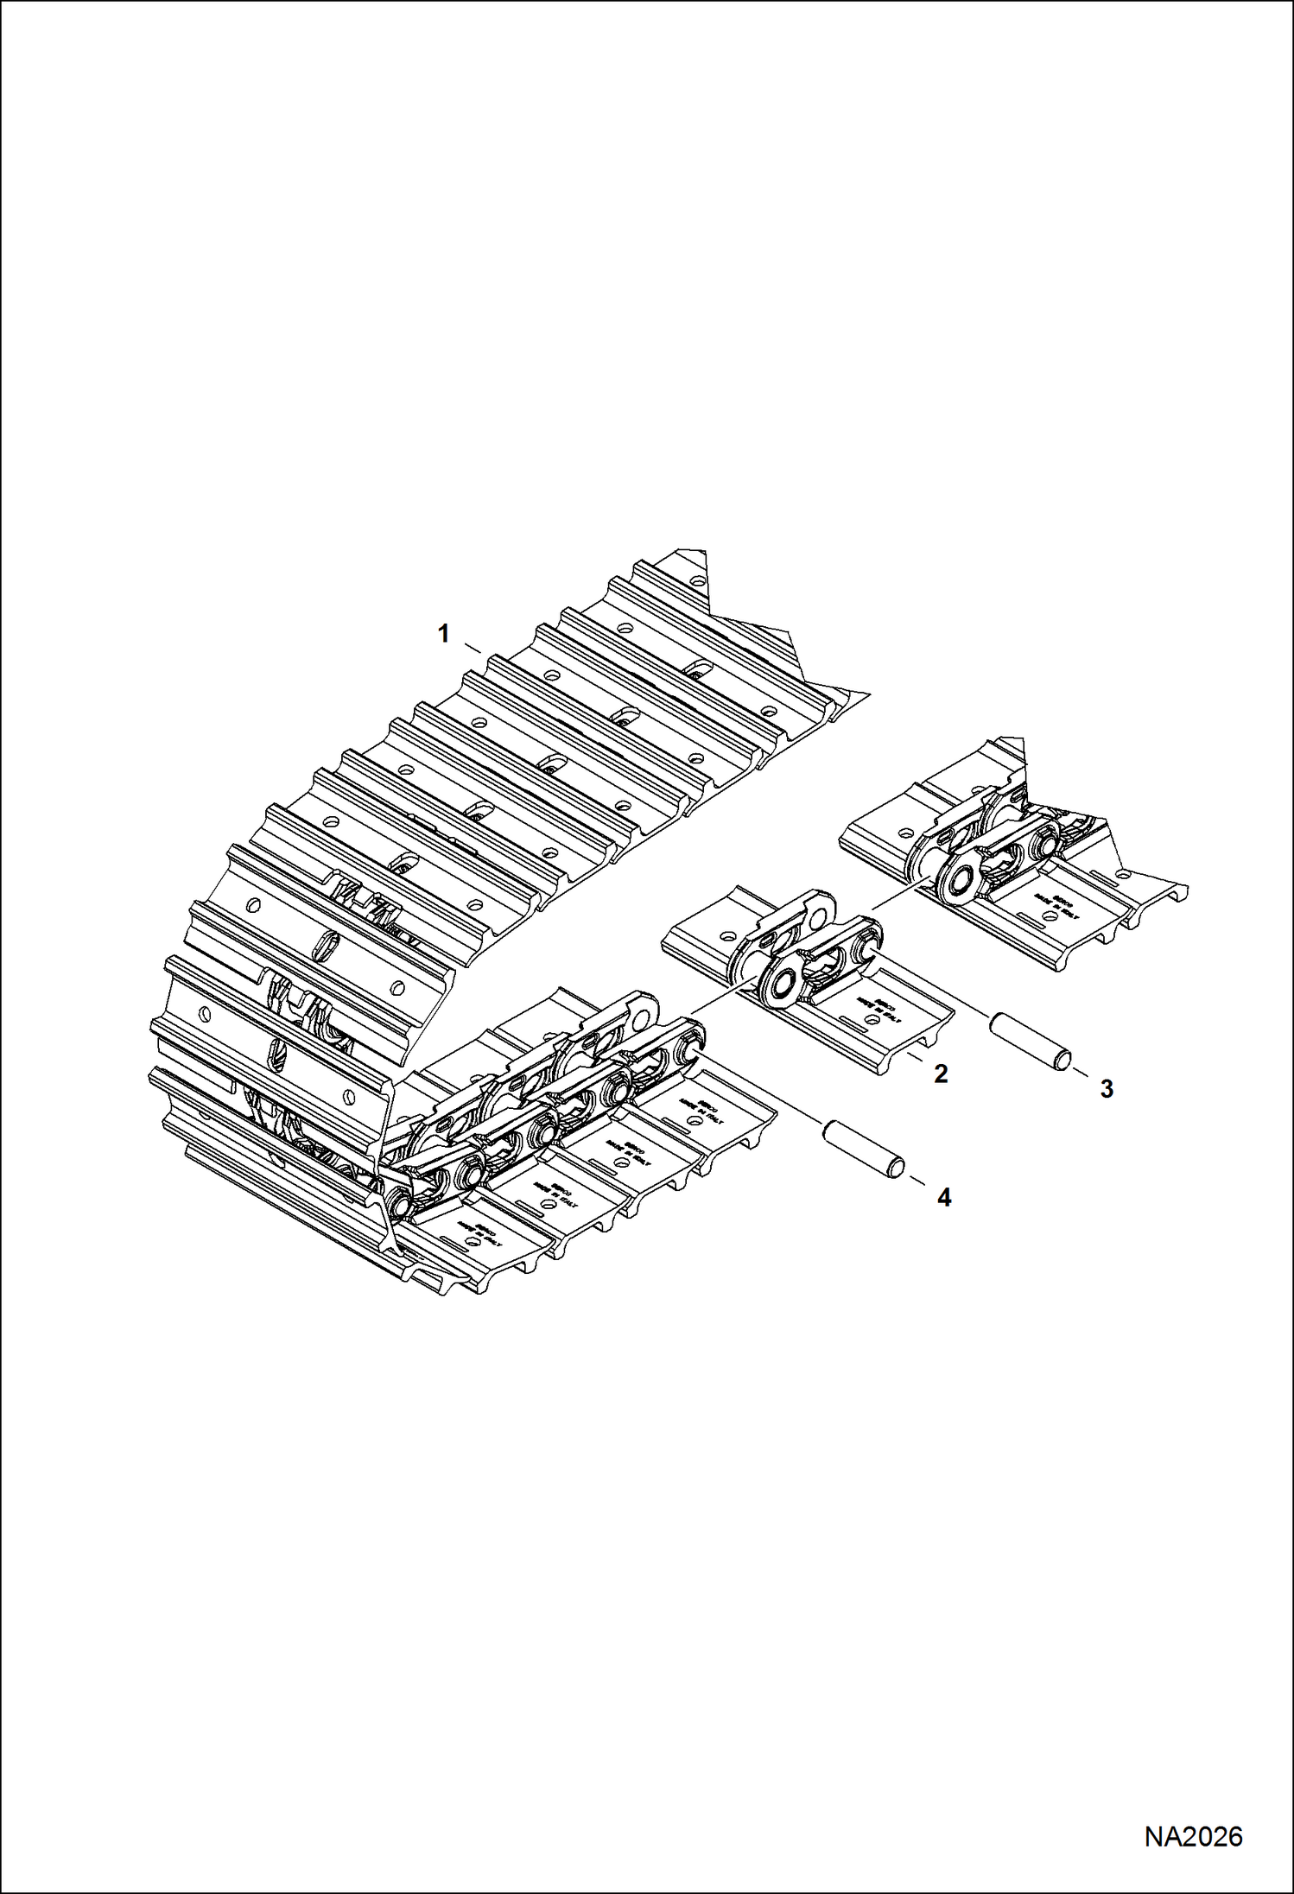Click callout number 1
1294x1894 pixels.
pyautogui.click(x=443, y=635)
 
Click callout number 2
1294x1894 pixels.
pyautogui.click(x=941, y=1074)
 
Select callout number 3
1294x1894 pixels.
pyautogui.click(x=1107, y=1090)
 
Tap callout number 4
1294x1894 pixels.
pyautogui.click(x=944, y=1197)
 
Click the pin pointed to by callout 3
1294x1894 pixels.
pyautogui.click(x=1031, y=1042)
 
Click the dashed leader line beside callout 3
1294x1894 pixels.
pyautogui.click(x=1082, y=1075)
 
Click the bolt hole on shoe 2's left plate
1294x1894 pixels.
pyautogui.click(x=728, y=936)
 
